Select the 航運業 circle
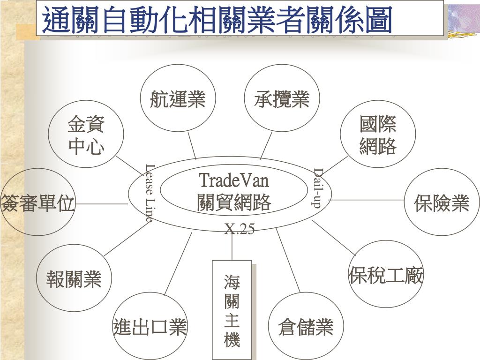point(178,98)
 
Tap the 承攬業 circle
point(282,98)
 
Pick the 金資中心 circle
point(86,135)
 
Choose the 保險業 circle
point(442,202)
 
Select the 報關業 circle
point(74,278)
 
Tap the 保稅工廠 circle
point(386,275)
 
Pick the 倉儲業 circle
point(306,326)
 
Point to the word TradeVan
point(234,180)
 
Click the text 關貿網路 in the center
point(234,202)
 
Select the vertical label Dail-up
point(318,187)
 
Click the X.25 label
point(240,229)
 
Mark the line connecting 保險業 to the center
point(368,200)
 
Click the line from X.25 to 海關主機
point(232,246)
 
